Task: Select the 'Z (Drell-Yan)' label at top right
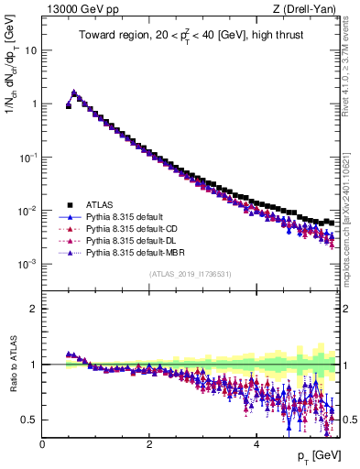point(308,8)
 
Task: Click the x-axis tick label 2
point(149,443)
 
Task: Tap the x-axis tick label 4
point(256,443)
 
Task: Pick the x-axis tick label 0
point(42,443)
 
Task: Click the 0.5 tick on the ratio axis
point(29,420)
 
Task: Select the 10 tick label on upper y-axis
point(28,50)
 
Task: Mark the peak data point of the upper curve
point(74,93)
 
